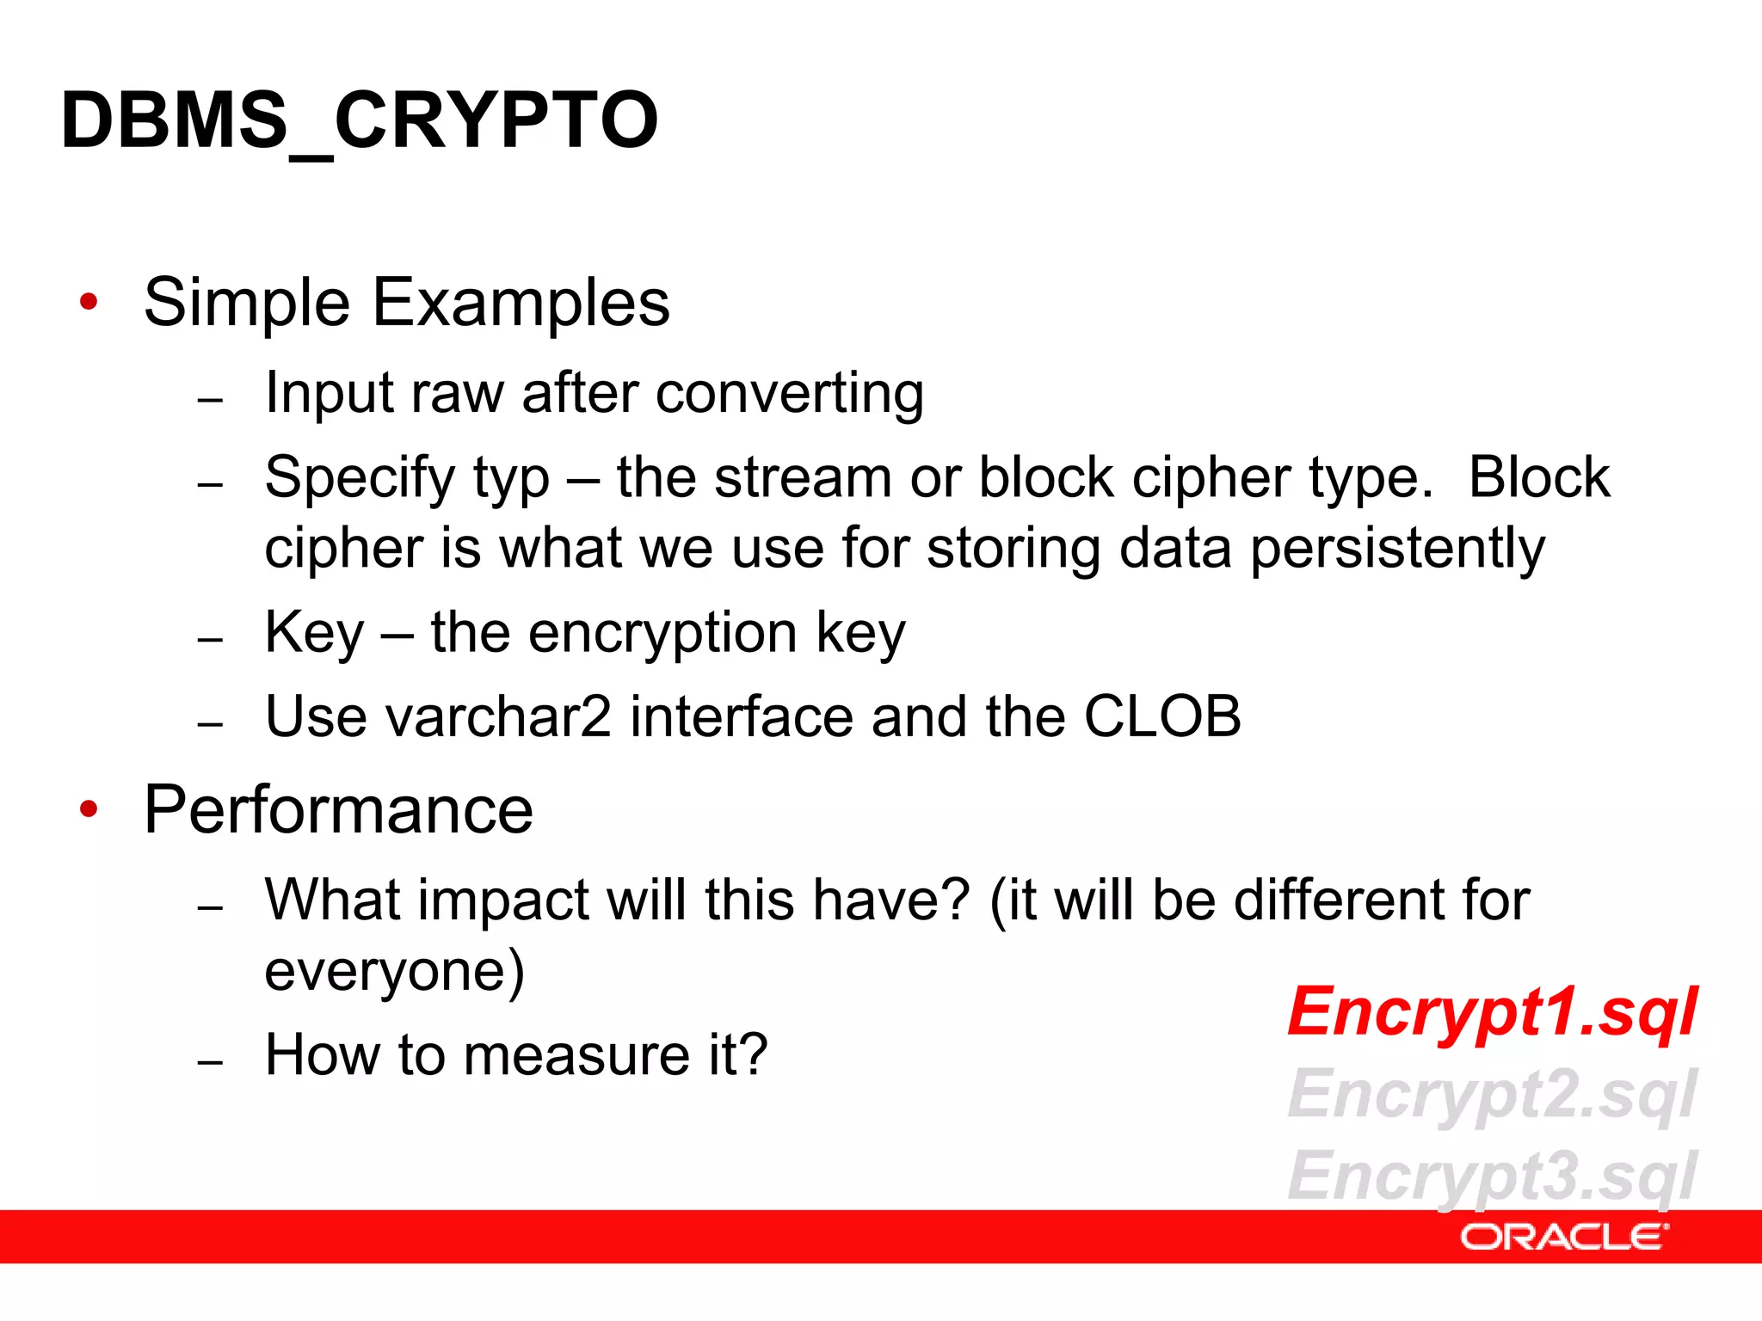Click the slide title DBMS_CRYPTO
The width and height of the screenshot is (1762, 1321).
(360, 120)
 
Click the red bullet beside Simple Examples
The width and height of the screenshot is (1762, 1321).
(89, 302)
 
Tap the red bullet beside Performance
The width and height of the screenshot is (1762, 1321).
(89, 809)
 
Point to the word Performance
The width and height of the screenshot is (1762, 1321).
(338, 810)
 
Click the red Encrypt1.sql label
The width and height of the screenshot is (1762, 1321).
(1492, 1011)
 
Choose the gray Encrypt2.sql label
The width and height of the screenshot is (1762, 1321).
(1492, 1094)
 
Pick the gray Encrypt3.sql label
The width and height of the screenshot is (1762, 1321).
(1492, 1176)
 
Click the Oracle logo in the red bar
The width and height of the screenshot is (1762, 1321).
(1563, 1237)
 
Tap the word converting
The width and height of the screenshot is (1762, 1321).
(789, 394)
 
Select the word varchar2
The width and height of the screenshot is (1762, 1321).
(498, 716)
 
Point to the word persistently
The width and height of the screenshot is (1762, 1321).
(1397, 549)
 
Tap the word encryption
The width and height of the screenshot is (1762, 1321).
(662, 633)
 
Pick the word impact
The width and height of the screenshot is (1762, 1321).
(504, 900)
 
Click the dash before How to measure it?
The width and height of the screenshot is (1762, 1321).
(210, 1063)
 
